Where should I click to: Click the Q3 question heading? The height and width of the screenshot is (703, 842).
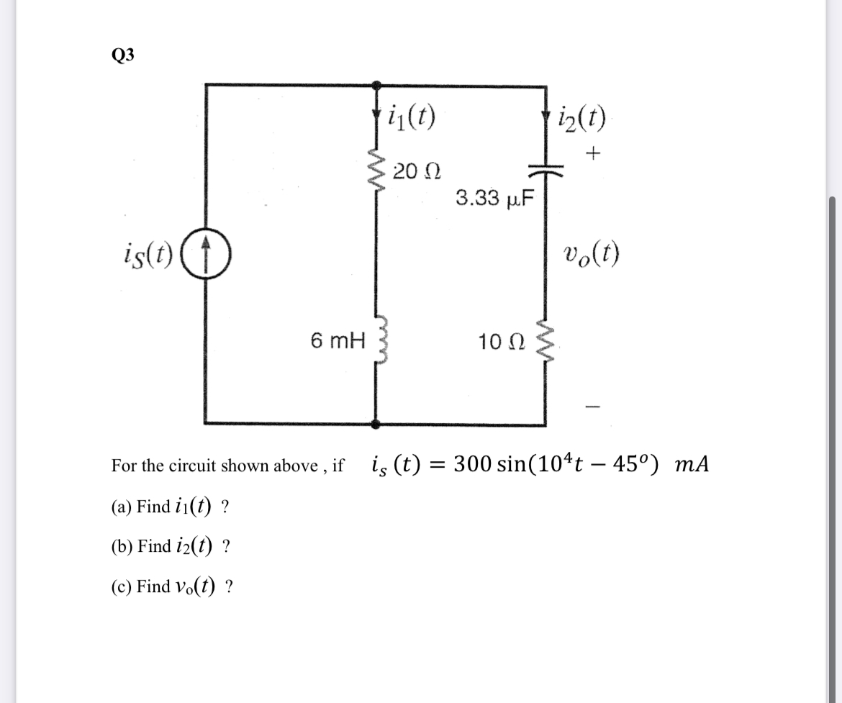122,55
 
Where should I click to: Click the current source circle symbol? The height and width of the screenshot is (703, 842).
206,255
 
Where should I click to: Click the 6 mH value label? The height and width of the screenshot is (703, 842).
338,339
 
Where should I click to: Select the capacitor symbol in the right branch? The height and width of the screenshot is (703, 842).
544,170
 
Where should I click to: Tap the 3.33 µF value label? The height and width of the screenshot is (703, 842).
494,198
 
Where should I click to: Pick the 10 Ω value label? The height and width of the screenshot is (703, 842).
501,340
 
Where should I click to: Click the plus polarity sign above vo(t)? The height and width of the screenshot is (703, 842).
593,153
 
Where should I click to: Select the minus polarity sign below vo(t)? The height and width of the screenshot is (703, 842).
592,407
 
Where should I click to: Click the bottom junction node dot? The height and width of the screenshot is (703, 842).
375,425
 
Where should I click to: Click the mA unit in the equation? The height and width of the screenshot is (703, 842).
692,465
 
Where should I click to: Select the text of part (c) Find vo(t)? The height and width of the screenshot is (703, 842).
171,586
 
